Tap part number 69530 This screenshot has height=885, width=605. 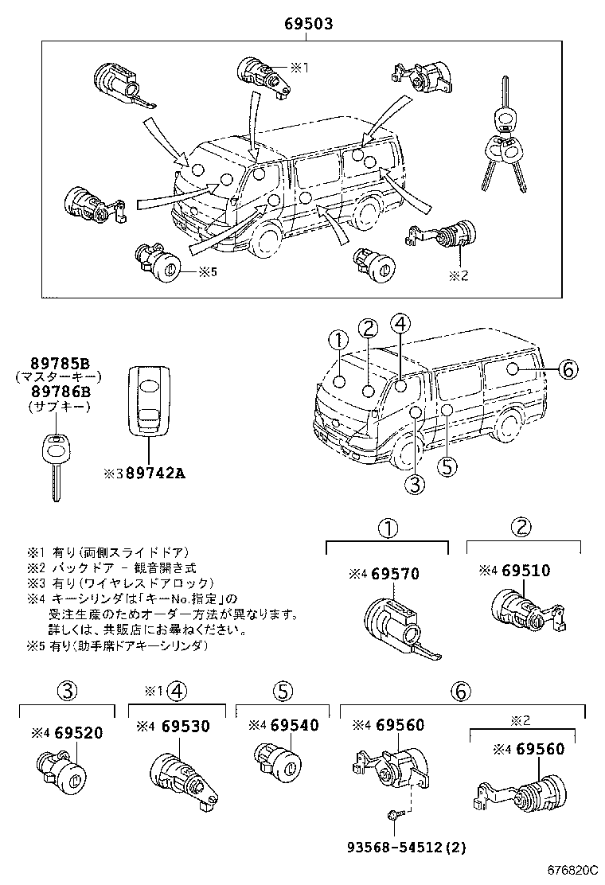pyautogui.click(x=185, y=726)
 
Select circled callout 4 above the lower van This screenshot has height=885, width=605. pyautogui.click(x=400, y=323)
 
